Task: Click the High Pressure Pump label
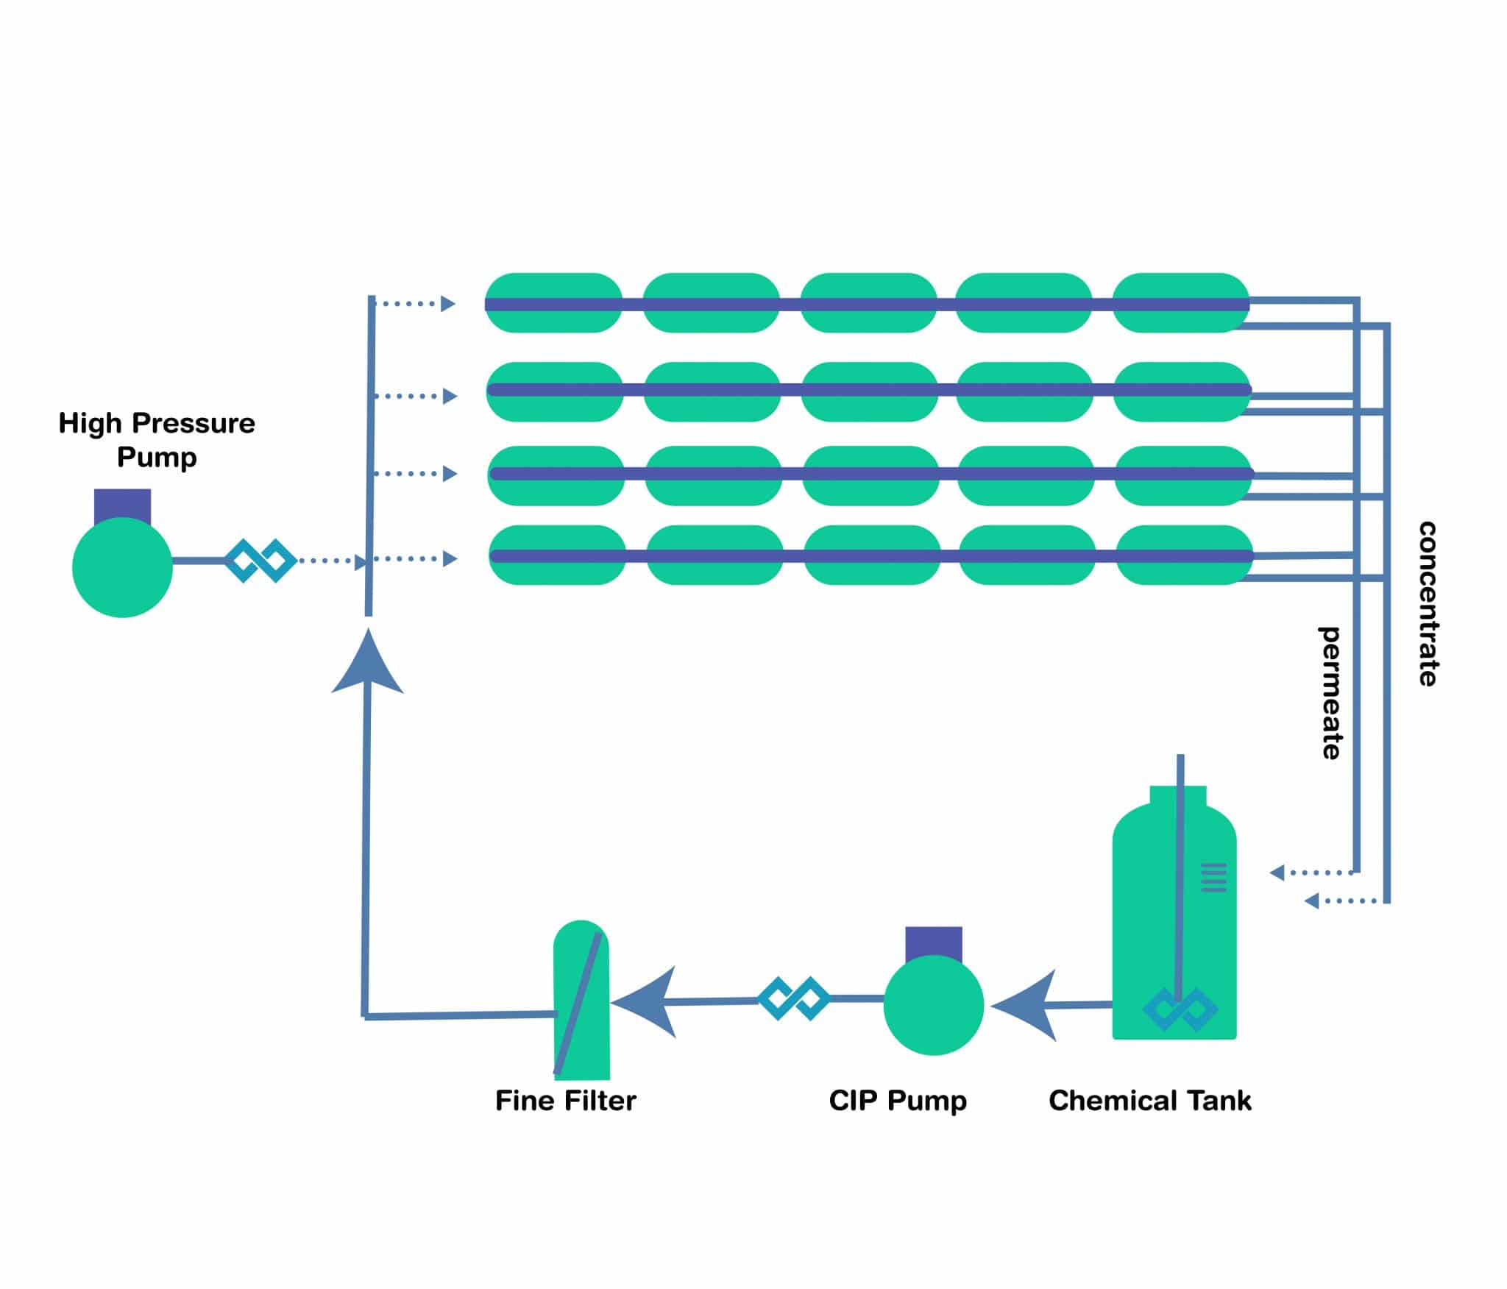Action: pyautogui.click(x=157, y=439)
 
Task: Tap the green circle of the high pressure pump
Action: pyautogui.click(x=122, y=567)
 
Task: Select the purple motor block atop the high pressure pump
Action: pyautogui.click(x=122, y=506)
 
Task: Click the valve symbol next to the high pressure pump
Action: pyautogui.click(x=260, y=561)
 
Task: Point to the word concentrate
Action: pyautogui.click(x=1428, y=604)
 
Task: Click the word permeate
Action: pyautogui.click(x=1330, y=692)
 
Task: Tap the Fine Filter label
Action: pyautogui.click(x=565, y=1101)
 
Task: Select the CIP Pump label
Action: pyautogui.click(x=898, y=1101)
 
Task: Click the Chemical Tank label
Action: pyautogui.click(x=1150, y=1101)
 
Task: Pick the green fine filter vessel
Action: pyautogui.click(x=581, y=1000)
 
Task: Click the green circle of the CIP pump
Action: pyautogui.click(x=934, y=1005)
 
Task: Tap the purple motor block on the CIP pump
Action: pyautogui.click(x=934, y=943)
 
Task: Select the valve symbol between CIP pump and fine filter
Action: pyautogui.click(x=794, y=998)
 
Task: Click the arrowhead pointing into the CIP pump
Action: pyautogui.click(x=1026, y=1005)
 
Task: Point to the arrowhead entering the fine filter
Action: pyautogui.click(x=645, y=1002)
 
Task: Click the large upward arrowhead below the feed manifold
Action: pyautogui.click(x=368, y=661)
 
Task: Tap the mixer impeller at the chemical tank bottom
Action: pyautogui.click(x=1180, y=1009)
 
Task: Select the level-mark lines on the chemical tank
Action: pyautogui.click(x=1213, y=877)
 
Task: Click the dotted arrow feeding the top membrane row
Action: pyautogui.click(x=414, y=303)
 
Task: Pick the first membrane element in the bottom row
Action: pyautogui.click(x=557, y=555)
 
